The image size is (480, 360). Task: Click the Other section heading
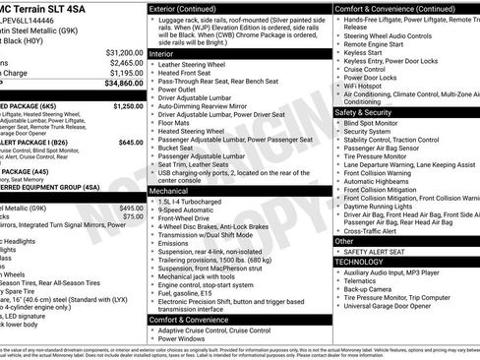(x=344, y=240)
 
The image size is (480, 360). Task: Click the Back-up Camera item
(x=372, y=290)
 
